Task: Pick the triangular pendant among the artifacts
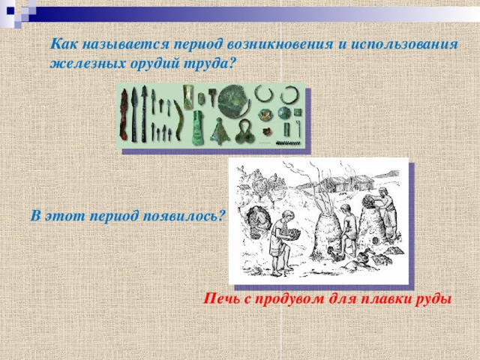coord(220,130)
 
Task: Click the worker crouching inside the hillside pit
coord(258,217)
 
